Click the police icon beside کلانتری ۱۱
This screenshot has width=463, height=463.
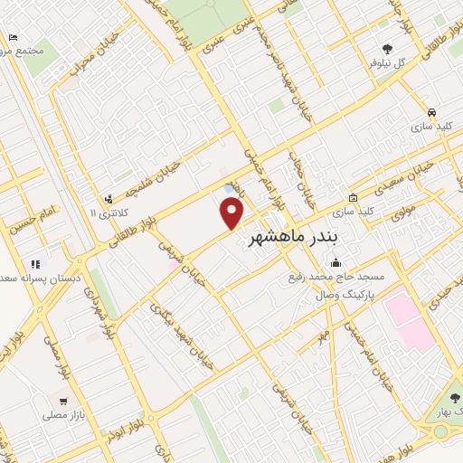pyautogui.click(x=109, y=199)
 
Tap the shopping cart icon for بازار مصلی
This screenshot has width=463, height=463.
pyautogui.click(x=62, y=401)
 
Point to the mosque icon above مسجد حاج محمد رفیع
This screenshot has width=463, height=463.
pyautogui.click(x=336, y=263)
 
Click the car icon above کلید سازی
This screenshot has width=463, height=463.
pyautogui.click(x=432, y=113)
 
